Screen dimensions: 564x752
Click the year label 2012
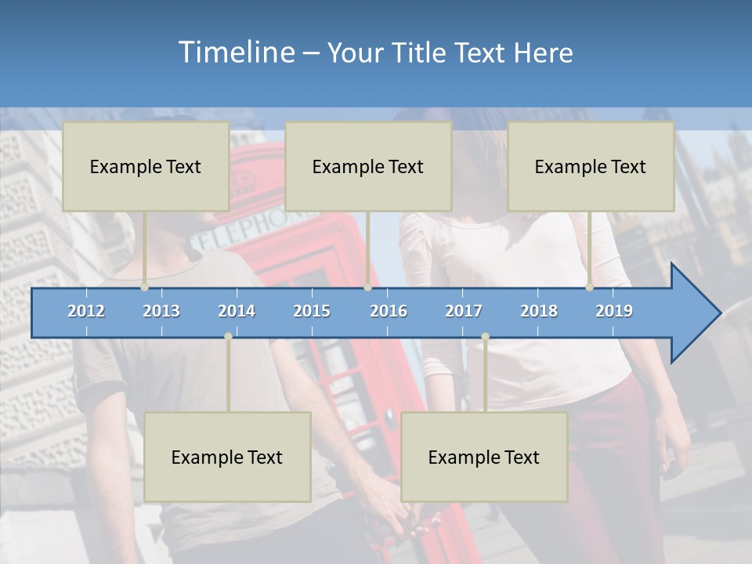tap(86, 311)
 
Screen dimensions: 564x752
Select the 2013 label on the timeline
tap(161, 311)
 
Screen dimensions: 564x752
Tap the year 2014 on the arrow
tap(237, 311)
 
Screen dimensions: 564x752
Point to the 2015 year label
tap(312, 311)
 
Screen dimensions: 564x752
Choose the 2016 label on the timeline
tap(389, 311)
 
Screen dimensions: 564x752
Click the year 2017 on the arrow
tap(464, 311)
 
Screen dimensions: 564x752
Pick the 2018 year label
tap(539, 311)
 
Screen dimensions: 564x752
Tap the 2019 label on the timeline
tap(614, 311)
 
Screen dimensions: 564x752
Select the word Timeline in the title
tap(234, 52)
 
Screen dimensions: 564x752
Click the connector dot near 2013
tap(145, 287)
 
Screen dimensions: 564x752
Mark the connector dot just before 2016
tap(367, 287)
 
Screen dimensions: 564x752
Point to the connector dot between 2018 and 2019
tap(590, 287)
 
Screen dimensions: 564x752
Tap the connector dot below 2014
tap(228, 336)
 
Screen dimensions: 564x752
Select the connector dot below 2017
tap(485, 336)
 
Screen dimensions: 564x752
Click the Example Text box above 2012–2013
tap(146, 166)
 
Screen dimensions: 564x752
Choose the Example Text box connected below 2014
tap(227, 457)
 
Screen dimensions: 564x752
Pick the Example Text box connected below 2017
tap(484, 457)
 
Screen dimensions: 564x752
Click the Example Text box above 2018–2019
tap(591, 166)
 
